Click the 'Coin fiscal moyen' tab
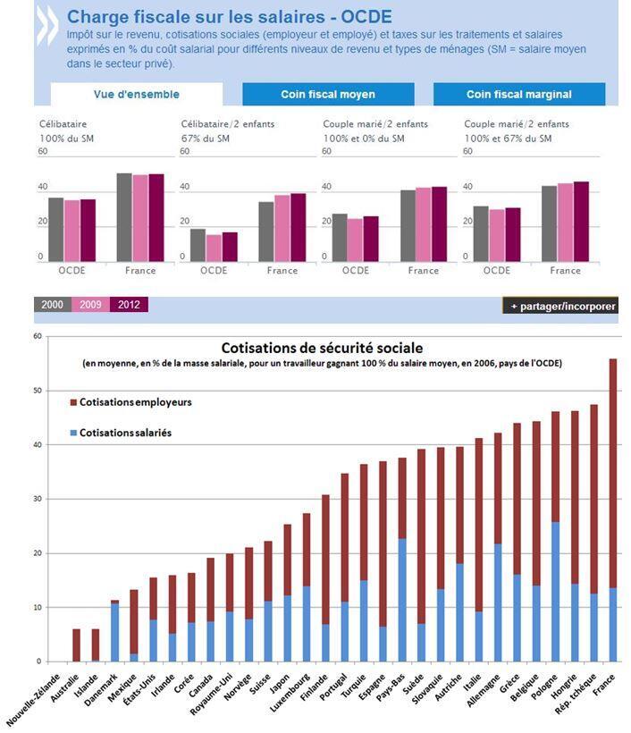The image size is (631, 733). [x=328, y=94]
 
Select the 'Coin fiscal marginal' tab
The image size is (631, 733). [x=518, y=94]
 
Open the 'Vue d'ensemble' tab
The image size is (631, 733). [x=136, y=94]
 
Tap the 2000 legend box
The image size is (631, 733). [x=52, y=305]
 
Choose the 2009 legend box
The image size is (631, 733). [x=90, y=305]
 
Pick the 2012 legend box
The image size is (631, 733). [x=129, y=305]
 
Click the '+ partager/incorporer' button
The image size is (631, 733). [x=559, y=306]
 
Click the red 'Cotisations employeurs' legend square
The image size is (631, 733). [x=73, y=403]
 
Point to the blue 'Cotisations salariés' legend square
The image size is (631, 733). [x=73, y=433]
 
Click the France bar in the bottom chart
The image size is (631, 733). [x=612, y=510]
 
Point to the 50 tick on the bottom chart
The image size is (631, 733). [x=38, y=391]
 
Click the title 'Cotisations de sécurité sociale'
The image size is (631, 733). [x=322, y=348]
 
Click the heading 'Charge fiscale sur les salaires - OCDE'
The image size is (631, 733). [x=229, y=17]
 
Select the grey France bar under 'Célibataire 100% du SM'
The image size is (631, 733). [x=124, y=217]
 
